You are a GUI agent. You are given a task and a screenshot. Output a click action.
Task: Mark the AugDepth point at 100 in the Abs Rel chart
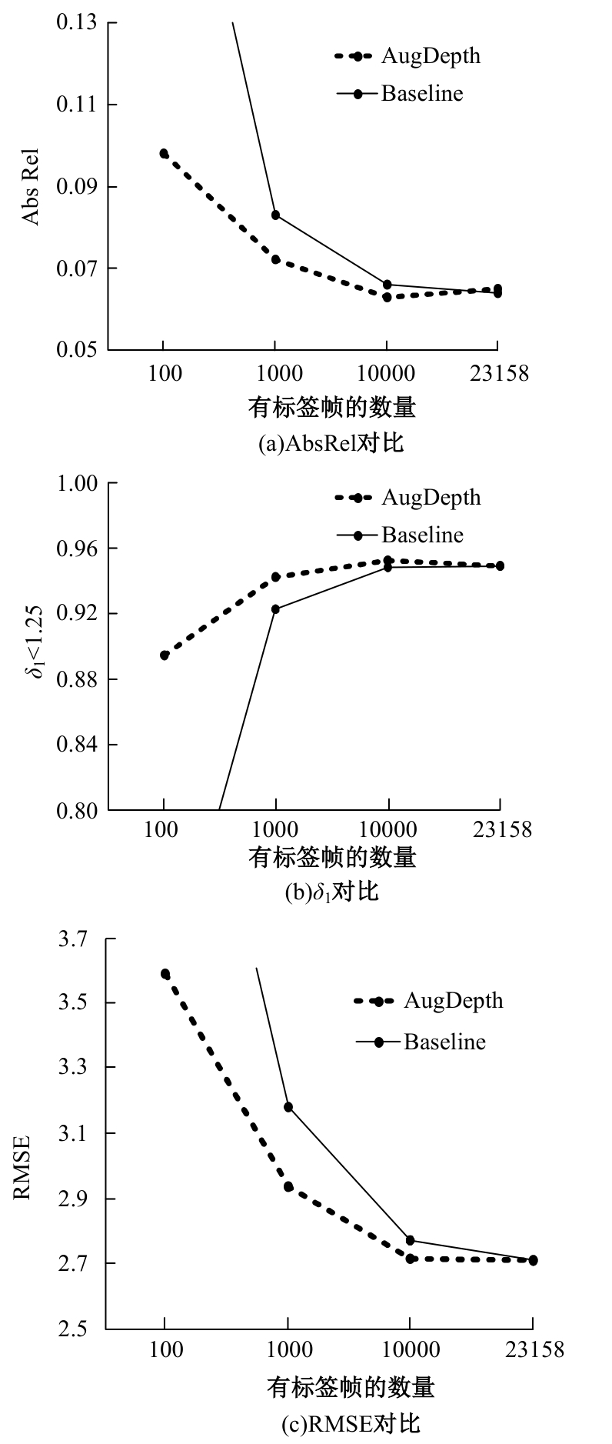(164, 153)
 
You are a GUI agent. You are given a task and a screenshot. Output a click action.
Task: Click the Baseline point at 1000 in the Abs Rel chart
(275, 215)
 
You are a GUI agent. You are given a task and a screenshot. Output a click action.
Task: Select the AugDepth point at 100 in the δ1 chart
(165, 655)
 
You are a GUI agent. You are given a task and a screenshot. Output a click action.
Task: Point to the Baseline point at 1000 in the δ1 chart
(275, 609)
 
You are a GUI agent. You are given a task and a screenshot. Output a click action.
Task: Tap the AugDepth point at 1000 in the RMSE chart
(288, 1187)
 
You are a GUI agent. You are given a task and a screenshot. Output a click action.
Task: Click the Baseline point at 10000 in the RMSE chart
(411, 1240)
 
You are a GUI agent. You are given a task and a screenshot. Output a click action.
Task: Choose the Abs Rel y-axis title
(30, 187)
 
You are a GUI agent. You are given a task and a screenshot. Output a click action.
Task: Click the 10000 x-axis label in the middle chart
(388, 830)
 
